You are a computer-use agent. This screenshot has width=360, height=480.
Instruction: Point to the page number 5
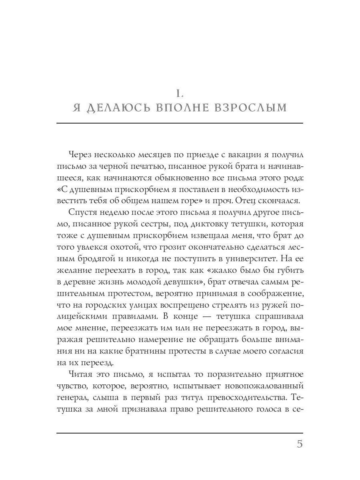[x=300, y=444]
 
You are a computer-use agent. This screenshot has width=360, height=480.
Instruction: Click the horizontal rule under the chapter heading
[x=180, y=123]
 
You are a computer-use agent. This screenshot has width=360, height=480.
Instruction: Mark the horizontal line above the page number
[x=180, y=433]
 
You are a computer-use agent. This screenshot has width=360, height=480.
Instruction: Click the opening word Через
[x=81, y=154]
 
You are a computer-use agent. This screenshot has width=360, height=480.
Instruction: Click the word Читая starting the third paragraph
[x=82, y=375]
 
